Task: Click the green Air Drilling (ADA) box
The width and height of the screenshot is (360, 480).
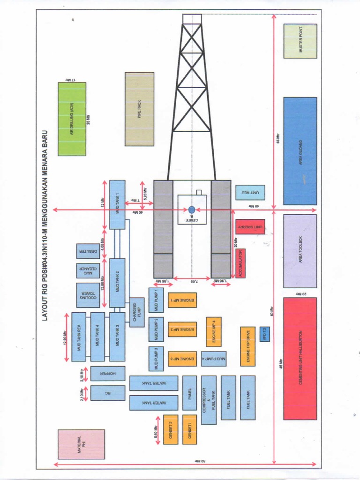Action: click(72, 119)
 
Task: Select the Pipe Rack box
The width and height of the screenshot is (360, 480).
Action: click(139, 109)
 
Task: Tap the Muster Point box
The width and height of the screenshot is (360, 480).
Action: click(300, 41)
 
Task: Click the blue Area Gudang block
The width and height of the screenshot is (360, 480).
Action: click(300, 151)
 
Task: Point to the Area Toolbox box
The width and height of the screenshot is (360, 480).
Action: click(300, 251)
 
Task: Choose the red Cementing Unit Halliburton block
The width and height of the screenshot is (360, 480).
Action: click(300, 359)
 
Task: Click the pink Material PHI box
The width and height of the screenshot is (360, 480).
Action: click(81, 444)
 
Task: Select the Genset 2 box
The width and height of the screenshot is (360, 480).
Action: click(171, 429)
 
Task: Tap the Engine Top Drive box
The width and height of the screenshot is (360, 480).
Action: click(248, 346)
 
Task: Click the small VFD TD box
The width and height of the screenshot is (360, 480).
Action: click(264, 334)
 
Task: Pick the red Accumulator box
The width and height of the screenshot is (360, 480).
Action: click(240, 263)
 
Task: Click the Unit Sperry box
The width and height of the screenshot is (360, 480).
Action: click(250, 227)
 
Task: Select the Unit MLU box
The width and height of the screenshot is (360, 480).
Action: click(250, 193)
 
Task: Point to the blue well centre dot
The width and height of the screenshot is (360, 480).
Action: click(192, 210)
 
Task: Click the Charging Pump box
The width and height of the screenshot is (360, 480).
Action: click(136, 312)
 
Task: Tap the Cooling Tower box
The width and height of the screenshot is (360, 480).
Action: click(88, 295)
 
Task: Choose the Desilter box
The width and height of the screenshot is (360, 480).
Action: click(88, 251)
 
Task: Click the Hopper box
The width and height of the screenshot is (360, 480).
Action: click(108, 374)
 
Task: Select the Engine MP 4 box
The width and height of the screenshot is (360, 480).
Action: click(214, 331)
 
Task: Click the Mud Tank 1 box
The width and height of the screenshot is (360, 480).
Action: click(117, 205)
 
